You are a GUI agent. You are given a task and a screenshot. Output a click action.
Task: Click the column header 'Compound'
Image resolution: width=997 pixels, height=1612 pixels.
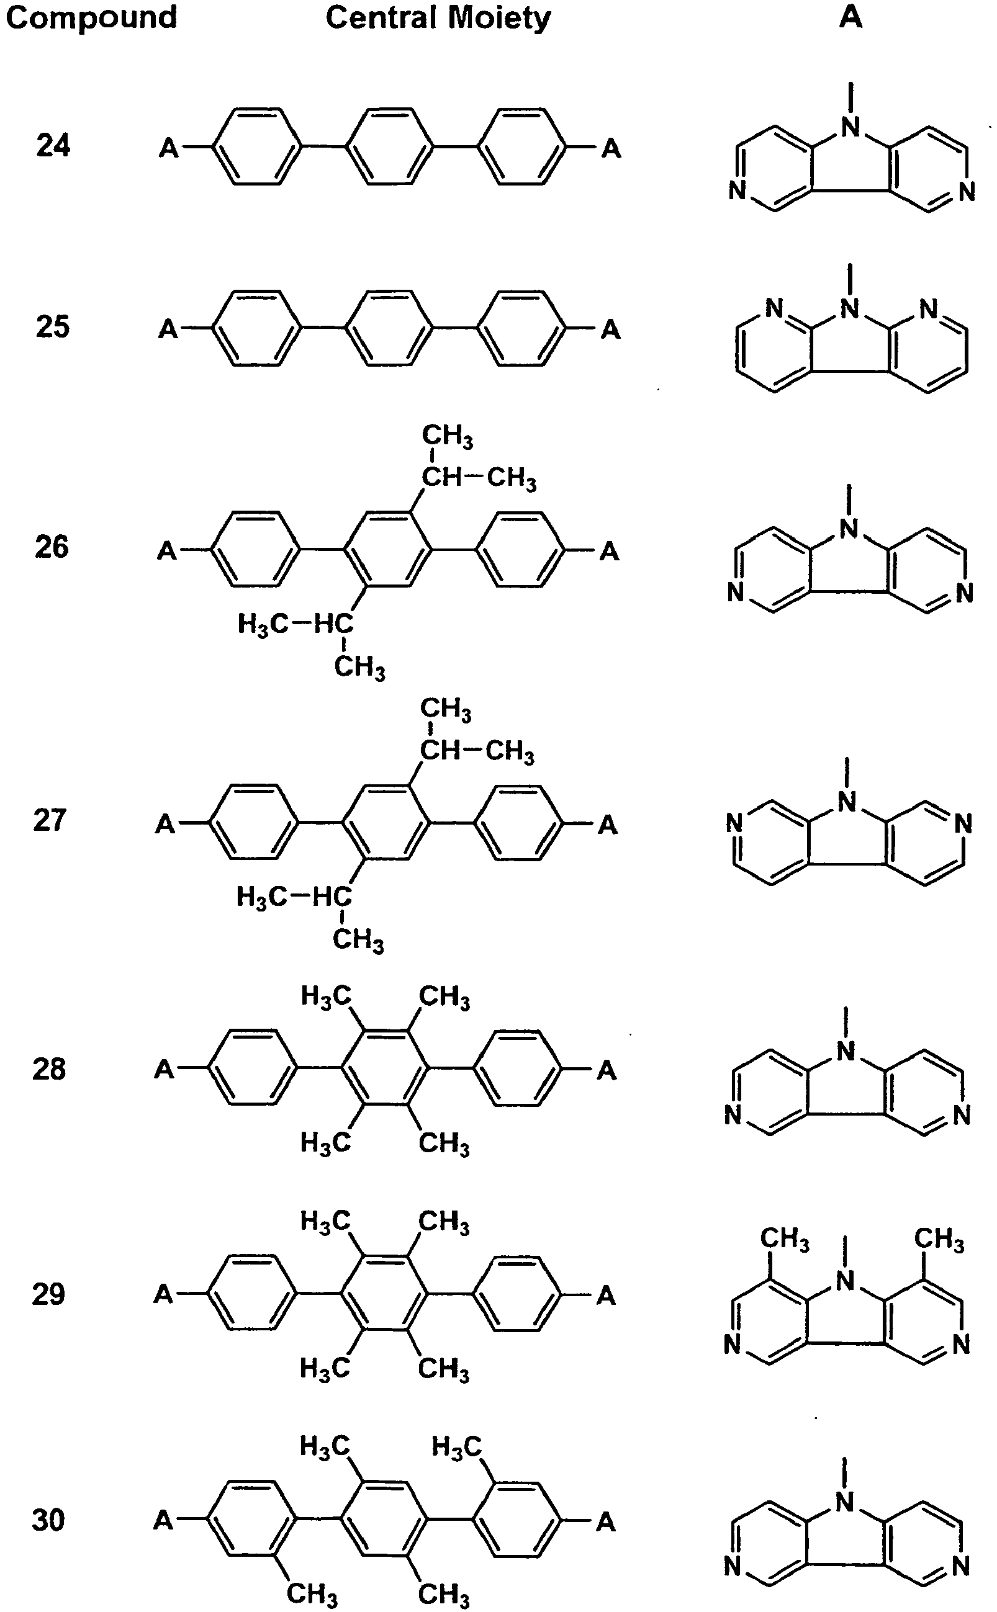[x=92, y=17]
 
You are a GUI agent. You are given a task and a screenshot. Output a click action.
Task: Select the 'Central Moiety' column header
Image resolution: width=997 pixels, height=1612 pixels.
[x=438, y=18]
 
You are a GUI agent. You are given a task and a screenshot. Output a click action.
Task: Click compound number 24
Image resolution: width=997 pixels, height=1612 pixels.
[x=53, y=145]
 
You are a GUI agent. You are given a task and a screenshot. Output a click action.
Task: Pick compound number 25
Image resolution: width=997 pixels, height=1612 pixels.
[x=52, y=326]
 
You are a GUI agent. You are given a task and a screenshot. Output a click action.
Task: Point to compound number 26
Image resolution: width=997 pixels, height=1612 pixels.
[x=52, y=547]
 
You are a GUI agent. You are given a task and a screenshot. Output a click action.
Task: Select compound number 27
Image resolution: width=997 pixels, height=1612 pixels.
[x=50, y=820]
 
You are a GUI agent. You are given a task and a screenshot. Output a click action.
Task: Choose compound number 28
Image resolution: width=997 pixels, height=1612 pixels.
[x=50, y=1068]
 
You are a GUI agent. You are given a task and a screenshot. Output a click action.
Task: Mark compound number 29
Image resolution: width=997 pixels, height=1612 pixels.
[x=49, y=1294]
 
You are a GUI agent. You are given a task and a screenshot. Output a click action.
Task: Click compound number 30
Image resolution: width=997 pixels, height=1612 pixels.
[x=49, y=1520]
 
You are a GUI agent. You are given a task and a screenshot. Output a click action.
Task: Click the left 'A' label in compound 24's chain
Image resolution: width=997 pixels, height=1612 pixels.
[x=169, y=148]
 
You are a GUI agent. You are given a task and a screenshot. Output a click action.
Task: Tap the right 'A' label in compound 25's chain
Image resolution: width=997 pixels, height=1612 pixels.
[x=611, y=329]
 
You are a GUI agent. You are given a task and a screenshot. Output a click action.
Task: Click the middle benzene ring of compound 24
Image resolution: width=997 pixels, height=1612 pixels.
[x=390, y=146]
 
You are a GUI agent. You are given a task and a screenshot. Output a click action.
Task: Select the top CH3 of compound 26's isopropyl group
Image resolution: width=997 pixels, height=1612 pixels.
[x=448, y=436]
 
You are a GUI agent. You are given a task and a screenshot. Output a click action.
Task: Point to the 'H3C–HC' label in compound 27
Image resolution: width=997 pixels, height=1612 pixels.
[x=294, y=897]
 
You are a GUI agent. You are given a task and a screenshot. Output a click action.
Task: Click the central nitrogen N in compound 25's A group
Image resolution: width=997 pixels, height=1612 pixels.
[x=850, y=308]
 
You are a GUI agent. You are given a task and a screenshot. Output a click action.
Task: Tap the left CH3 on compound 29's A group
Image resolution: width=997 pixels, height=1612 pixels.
[x=785, y=1238]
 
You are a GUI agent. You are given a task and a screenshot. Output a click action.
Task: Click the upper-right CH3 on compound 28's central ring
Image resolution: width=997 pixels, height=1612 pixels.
[x=445, y=997]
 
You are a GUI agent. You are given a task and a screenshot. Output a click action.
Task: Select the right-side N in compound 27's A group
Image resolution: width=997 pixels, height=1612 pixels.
[x=963, y=823]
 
